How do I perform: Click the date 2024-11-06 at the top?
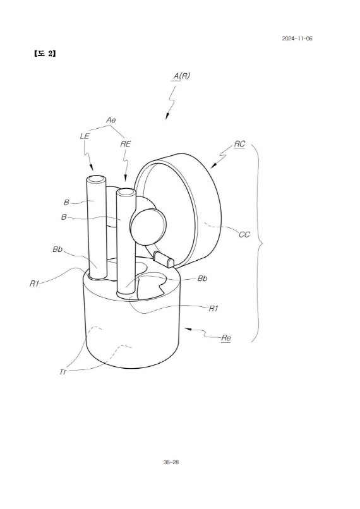pos(297,39)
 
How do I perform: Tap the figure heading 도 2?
pos(45,54)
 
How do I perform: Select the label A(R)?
pos(181,76)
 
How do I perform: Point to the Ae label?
pos(111,120)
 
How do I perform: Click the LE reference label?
pos(85,136)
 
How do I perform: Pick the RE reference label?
pos(125,144)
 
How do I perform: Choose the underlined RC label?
pos(239,144)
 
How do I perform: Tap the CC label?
pos(244,234)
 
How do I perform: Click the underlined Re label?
pos(226,338)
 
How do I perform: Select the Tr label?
pos(63,372)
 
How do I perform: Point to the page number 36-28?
pos(171,462)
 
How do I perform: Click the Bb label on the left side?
pos(57,249)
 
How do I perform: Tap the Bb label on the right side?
pos(203,278)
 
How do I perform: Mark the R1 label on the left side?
pos(34,284)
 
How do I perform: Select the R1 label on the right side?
pos(213,308)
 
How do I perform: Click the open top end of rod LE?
pos(96,179)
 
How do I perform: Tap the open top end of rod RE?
pos(126,193)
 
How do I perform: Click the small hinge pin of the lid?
pos(164,259)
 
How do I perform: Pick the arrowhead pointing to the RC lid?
pos(213,166)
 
